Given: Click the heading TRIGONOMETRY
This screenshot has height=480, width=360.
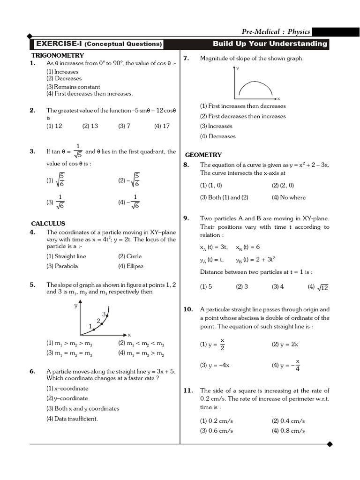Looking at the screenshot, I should tap(51, 55).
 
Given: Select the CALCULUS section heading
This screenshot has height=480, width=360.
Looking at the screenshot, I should tap(48, 224).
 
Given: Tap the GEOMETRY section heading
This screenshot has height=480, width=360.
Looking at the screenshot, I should tap(203, 155).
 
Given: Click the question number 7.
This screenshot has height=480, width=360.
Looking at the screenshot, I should tap(186, 58).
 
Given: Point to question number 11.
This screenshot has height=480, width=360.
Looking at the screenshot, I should tap(187, 390).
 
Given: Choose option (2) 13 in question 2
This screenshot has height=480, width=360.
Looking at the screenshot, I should tap(90, 126).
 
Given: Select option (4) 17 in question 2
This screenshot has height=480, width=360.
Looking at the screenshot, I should tap(162, 126).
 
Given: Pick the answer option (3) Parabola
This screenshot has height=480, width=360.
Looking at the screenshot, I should tap(62, 266).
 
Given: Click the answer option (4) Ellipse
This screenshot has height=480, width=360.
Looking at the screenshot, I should tap(131, 266).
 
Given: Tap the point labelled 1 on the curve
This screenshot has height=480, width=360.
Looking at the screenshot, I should tap(94, 330).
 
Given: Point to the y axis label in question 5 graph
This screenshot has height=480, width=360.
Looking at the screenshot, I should tap(75, 305).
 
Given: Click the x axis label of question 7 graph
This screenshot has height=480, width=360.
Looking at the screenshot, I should tap(278, 99).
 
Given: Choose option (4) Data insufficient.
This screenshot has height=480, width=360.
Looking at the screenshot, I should tap(72, 419).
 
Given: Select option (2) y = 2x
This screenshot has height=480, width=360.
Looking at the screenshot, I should tap(285, 344).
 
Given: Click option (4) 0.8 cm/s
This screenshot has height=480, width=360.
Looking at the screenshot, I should tap(288, 431).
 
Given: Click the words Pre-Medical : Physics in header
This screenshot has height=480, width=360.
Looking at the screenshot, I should tap(276, 32).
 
